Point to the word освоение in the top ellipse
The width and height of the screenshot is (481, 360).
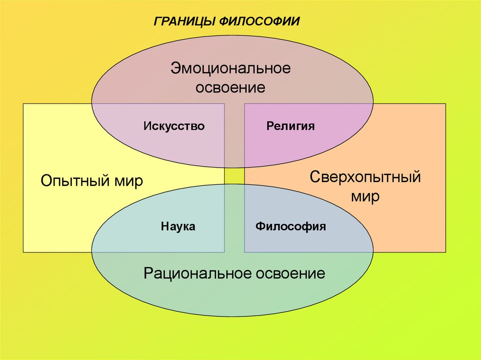point(231,87)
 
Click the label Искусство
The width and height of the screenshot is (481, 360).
point(174,126)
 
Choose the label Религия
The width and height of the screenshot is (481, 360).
point(290,126)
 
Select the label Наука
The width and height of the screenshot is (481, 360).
point(178,226)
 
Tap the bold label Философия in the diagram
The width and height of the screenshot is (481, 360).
point(290,226)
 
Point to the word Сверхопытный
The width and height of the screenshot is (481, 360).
point(365,178)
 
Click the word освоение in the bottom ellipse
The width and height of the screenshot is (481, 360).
point(291,273)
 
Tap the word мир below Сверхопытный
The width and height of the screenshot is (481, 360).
point(365,197)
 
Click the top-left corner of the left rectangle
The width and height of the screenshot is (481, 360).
point(23,104)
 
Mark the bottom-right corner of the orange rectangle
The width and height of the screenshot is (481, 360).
point(445,252)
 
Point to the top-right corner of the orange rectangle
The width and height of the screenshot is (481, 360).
point(445,104)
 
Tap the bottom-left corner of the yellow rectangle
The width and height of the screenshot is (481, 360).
point(23,252)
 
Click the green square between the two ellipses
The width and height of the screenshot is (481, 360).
point(234,176)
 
